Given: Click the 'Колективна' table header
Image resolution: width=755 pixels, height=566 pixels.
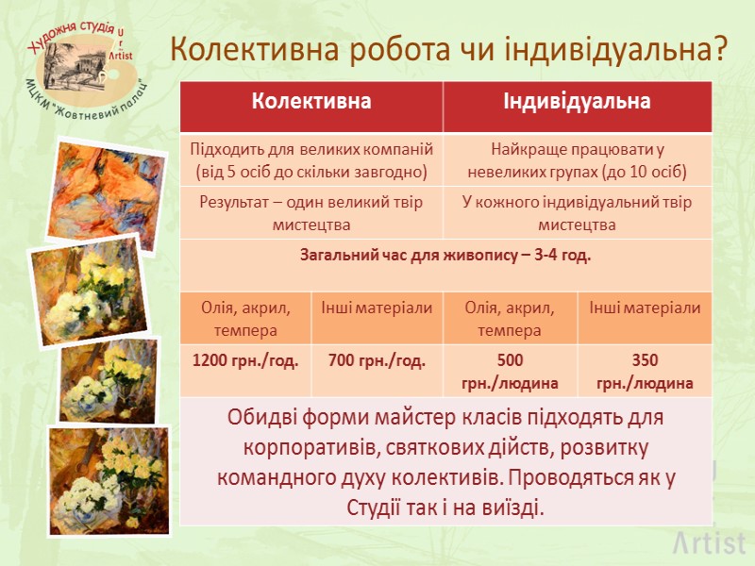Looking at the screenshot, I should [x=310, y=102].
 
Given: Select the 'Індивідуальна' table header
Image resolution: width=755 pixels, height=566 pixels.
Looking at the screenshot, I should [x=577, y=102].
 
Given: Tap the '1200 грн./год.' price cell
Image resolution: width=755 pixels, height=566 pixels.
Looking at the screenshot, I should [x=245, y=359].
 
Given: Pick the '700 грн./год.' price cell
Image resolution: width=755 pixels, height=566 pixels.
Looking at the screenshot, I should [x=377, y=359].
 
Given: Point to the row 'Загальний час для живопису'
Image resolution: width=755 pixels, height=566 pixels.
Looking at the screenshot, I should [x=445, y=255].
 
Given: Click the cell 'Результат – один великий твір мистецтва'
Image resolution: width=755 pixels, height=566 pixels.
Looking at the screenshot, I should [x=310, y=213].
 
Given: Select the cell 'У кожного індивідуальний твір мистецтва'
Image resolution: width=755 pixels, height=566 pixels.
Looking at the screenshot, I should [x=577, y=213].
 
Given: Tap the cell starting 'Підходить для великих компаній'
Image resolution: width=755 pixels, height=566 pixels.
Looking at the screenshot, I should [x=310, y=160].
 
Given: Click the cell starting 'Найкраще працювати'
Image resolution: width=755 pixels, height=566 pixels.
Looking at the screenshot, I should [x=577, y=160].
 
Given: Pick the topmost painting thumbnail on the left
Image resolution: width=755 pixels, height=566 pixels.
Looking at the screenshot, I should [x=94, y=189].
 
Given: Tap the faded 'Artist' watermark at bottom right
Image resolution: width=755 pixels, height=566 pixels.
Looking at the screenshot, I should [x=709, y=543].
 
